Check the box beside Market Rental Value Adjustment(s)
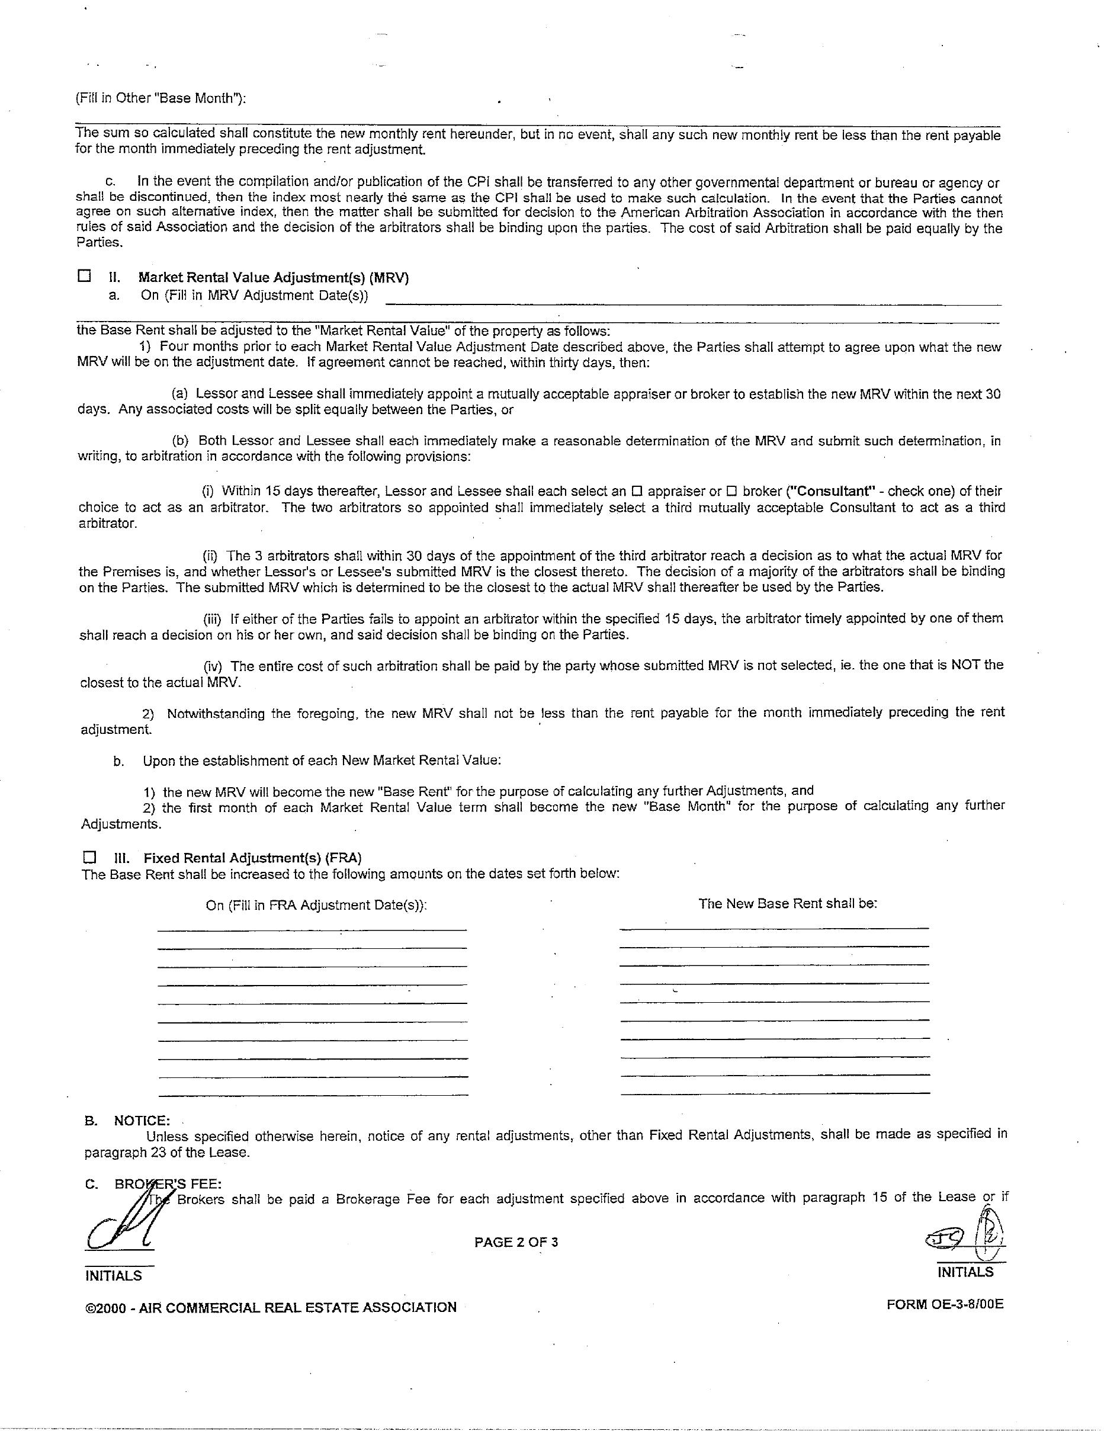tap(84, 276)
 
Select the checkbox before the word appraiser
tap(636, 492)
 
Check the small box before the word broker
tap(733, 492)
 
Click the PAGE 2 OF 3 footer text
tap(516, 1241)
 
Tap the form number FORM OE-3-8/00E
tap(944, 1304)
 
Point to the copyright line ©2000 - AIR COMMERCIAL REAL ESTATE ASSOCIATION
tap(271, 1307)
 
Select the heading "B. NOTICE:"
tap(127, 1121)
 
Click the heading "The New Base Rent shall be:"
tap(788, 903)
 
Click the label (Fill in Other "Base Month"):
tap(161, 98)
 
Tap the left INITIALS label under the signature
tap(113, 1276)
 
